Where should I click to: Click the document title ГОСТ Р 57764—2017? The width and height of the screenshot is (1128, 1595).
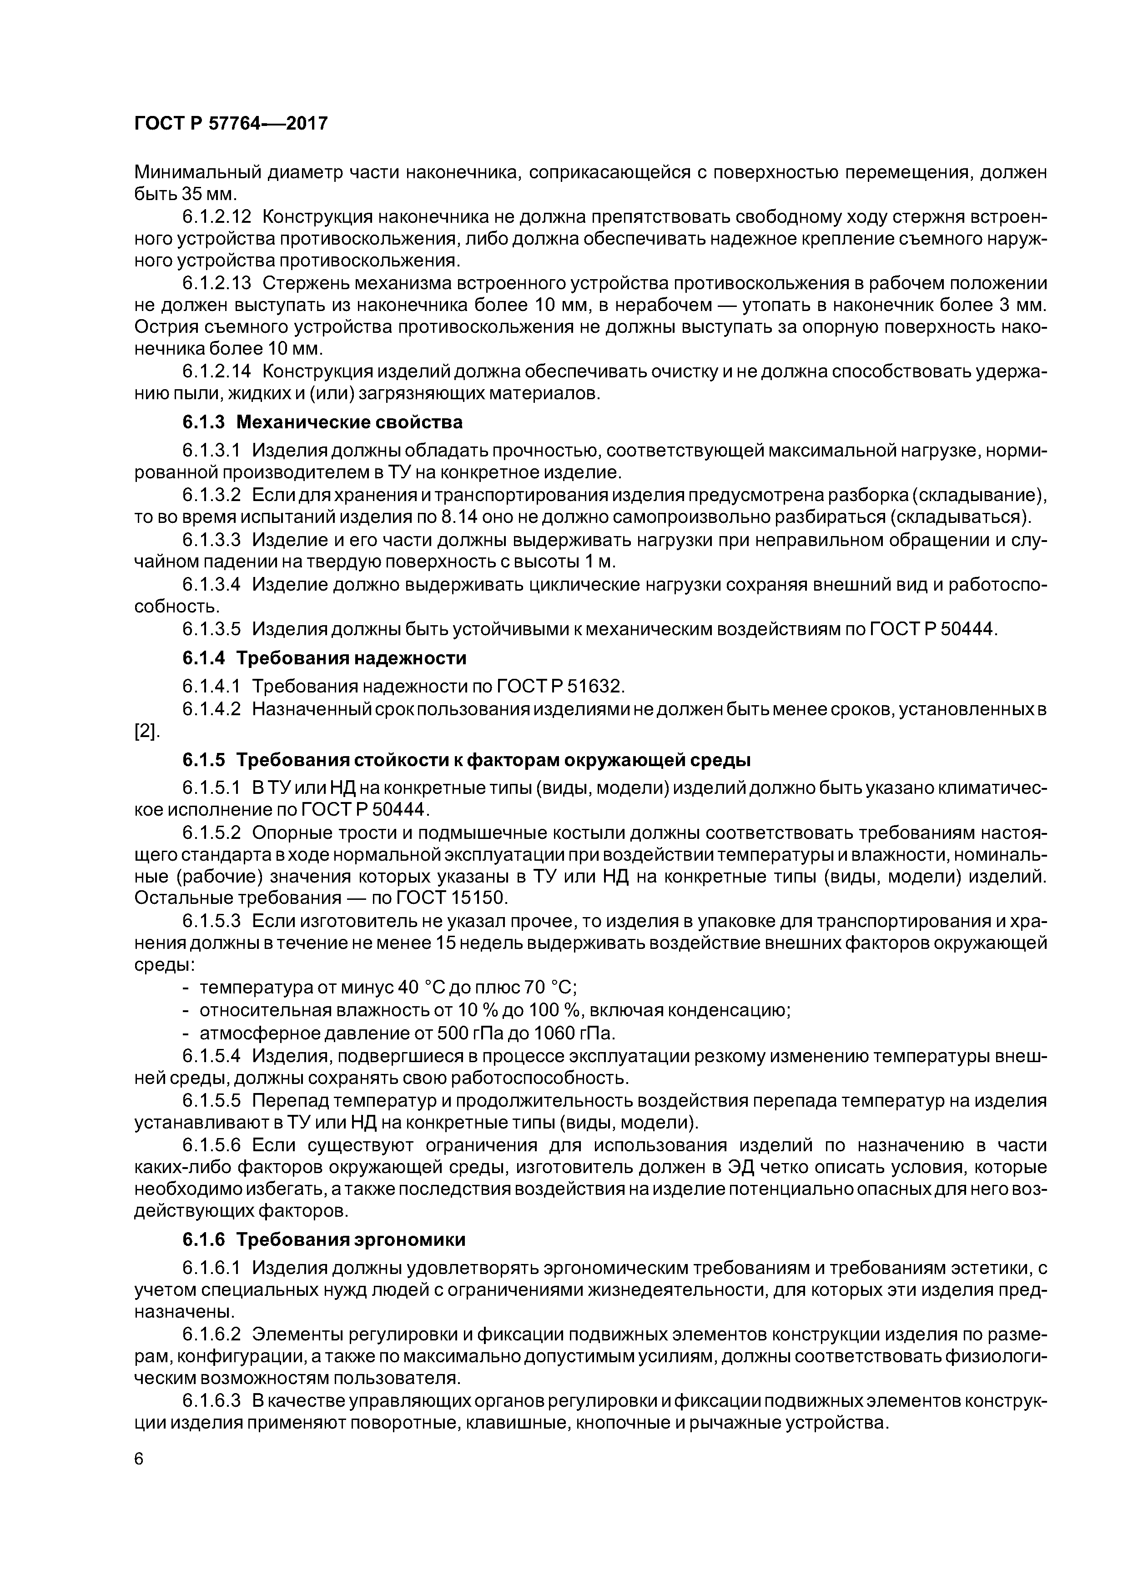[x=230, y=124]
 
